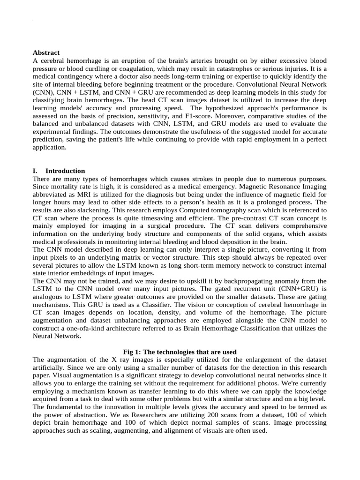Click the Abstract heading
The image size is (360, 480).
46,52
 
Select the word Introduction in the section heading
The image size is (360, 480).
65,171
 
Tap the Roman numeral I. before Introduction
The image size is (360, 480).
36,171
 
